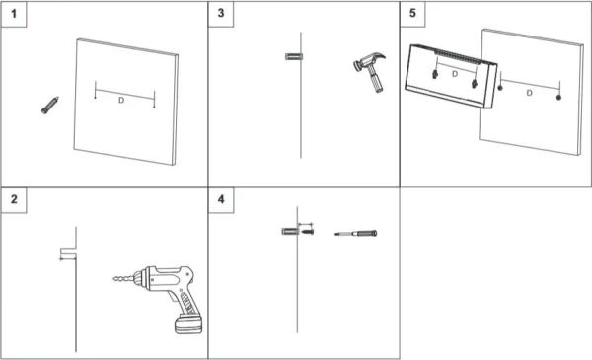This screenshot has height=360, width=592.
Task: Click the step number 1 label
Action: coord(14,14)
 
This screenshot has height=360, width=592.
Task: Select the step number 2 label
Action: coord(14,199)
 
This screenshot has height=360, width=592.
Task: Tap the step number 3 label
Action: coord(221,13)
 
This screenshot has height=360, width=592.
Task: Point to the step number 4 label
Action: coord(221,199)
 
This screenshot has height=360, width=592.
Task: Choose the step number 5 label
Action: coord(412,13)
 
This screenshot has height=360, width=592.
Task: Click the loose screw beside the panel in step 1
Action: coord(50,105)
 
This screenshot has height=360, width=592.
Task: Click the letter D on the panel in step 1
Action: coord(121,100)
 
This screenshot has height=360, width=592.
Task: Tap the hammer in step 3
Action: coord(369,72)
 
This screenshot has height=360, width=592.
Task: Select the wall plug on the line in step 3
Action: coord(294,56)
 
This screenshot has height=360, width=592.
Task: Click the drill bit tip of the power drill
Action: coord(114,279)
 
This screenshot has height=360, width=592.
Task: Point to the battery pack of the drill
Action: coord(188,324)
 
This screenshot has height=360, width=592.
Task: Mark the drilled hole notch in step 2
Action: coord(68,251)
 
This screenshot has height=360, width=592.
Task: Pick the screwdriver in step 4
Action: coord(355,233)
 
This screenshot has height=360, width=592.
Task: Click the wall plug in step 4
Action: coord(290,231)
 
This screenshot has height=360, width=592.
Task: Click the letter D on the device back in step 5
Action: coord(455,74)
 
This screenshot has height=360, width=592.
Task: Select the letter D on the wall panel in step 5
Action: coord(529,93)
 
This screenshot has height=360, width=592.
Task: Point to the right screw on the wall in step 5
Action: coord(558,98)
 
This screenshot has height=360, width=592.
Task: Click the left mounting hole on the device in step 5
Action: coord(435,74)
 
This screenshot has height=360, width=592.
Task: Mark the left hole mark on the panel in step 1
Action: coord(95,98)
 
